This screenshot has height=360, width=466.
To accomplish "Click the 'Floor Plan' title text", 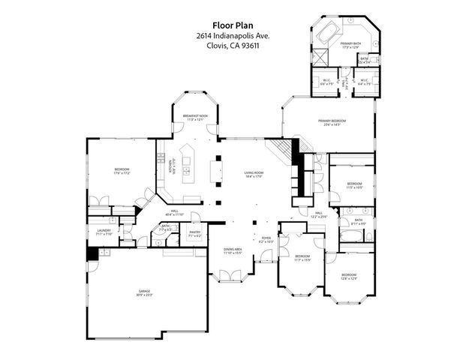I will [x=233, y=23].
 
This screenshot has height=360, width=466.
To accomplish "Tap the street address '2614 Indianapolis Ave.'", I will [x=233, y=34].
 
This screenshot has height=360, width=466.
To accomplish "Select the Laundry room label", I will [x=104, y=232].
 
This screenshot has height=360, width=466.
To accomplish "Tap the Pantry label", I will [x=195, y=234].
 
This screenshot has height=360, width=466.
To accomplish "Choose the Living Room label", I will [x=253, y=175].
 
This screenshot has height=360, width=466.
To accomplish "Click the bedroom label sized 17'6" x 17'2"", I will [x=122, y=171].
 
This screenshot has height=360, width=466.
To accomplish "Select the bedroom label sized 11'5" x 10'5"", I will [x=354, y=185].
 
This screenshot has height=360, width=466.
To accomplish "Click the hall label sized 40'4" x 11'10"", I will [x=173, y=213].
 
